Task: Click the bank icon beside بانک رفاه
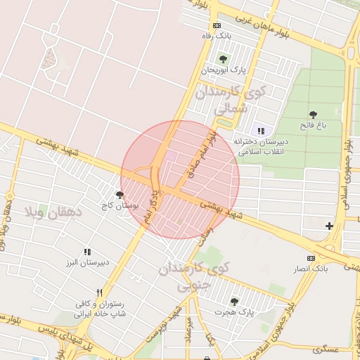tap(215, 25)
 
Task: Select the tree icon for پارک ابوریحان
tap(224, 59)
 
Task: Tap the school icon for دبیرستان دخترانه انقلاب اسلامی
tap(261, 131)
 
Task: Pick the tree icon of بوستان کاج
tap(120, 195)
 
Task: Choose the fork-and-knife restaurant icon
tap(100, 292)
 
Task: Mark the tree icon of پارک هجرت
tap(234, 301)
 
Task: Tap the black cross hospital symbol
tap(329, 226)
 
